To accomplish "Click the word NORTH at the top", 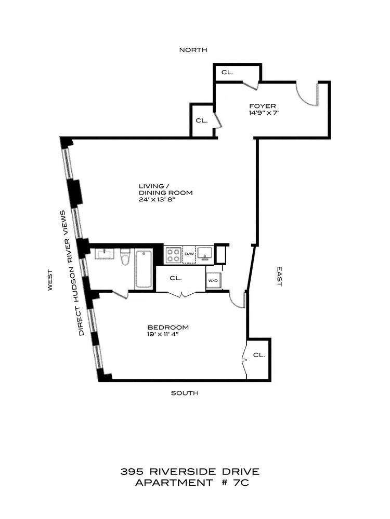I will (193, 50).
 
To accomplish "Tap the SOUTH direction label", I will (185, 393).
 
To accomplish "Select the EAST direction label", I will (279, 277).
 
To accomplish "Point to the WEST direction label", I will (50, 280).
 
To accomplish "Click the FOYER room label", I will (262, 106).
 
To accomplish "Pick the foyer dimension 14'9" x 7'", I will (264, 113).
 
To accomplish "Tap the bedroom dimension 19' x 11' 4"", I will (167, 334).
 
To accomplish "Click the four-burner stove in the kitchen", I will (173, 254).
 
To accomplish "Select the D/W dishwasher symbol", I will (188, 254).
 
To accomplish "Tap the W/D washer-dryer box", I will (213, 281).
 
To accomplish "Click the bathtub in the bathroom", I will (144, 269).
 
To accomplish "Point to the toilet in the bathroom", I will (125, 257).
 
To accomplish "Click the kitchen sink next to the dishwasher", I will (205, 254).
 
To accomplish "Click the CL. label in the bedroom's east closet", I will (258, 355).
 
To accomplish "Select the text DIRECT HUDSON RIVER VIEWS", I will (72, 272).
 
